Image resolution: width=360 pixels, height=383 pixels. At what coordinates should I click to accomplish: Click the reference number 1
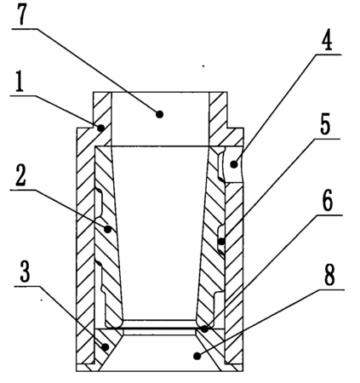tap(20, 82)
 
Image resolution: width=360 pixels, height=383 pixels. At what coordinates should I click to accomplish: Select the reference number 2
tap(20, 175)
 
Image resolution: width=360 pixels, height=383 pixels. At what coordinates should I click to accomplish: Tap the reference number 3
tap(25, 272)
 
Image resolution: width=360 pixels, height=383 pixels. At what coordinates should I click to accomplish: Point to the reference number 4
tap(327, 40)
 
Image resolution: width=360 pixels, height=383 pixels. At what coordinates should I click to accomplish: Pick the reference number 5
tap(325, 124)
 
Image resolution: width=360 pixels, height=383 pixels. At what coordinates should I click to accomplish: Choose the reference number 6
tap(328, 201)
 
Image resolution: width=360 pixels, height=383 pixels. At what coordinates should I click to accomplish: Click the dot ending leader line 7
tap(160, 114)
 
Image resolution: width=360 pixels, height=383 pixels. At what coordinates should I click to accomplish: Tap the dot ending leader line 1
tap(100, 128)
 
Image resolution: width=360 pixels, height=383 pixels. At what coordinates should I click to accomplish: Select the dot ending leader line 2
tap(107, 229)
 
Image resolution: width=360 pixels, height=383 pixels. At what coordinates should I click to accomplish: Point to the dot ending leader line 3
tap(106, 346)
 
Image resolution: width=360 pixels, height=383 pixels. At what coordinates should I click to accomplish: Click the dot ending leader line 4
tap(234, 164)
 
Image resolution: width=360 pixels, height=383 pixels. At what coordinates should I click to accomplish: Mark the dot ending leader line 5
tap(221, 242)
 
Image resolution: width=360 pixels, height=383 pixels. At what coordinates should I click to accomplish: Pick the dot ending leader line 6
tap(204, 329)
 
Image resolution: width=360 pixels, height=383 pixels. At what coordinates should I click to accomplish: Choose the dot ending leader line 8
tap(197, 356)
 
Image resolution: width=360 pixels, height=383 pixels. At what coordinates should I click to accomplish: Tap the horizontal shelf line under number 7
tap(25, 28)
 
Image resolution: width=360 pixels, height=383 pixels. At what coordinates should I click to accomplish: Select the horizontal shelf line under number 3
tap(27, 286)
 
